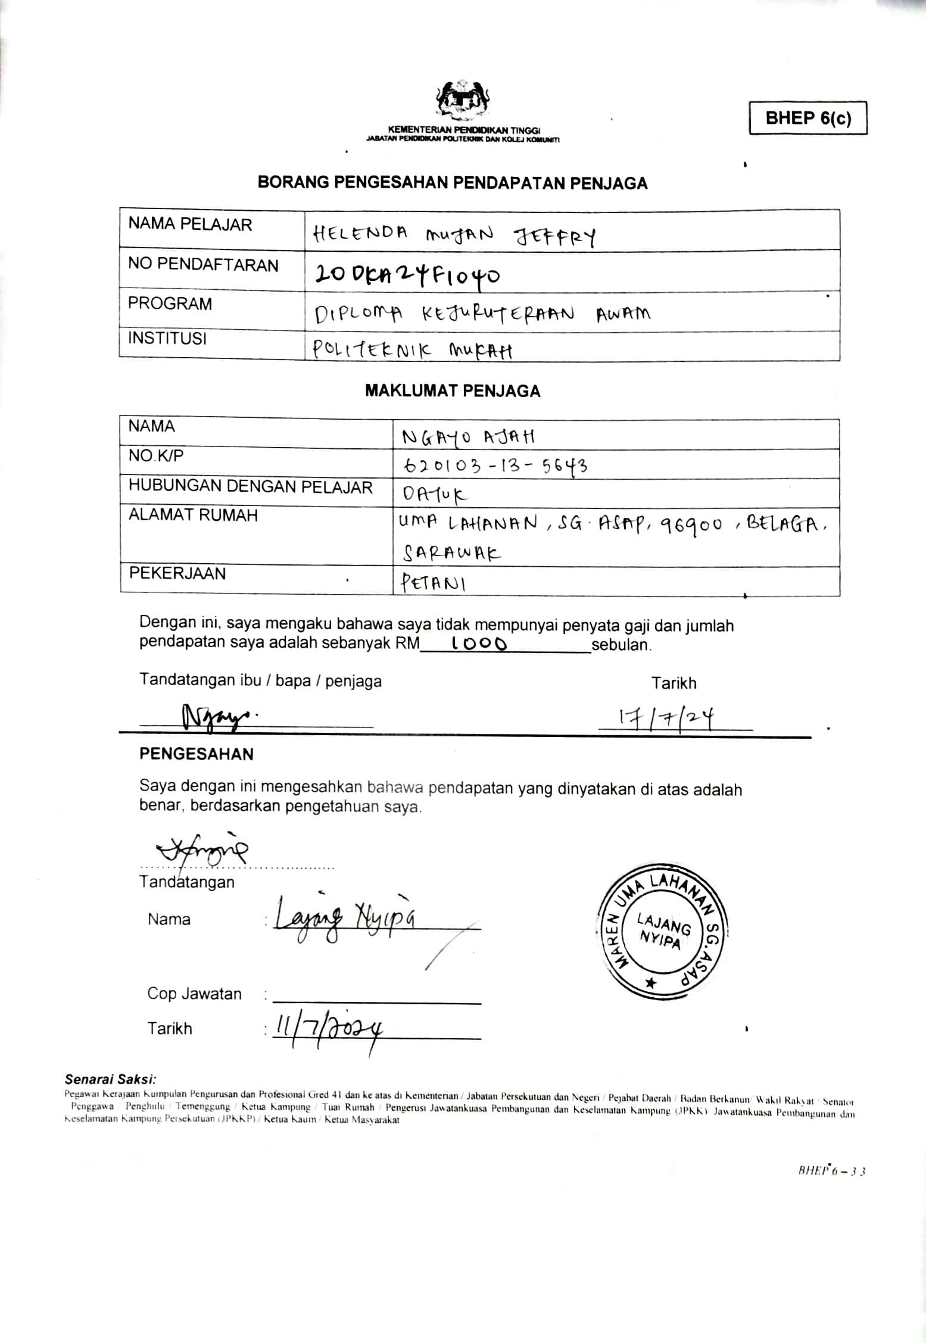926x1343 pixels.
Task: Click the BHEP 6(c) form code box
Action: (807, 118)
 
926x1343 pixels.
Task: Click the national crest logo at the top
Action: (463, 101)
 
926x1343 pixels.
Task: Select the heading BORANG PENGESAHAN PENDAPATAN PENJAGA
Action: (452, 183)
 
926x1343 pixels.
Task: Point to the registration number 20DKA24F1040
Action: (407, 274)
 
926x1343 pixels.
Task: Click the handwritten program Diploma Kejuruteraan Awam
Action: (482, 314)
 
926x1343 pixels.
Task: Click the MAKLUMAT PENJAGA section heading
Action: (452, 391)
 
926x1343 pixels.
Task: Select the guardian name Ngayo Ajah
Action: (468, 438)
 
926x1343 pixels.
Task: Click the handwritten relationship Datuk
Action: (435, 494)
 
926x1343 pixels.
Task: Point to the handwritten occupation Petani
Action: (433, 582)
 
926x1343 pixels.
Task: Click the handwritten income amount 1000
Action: (479, 644)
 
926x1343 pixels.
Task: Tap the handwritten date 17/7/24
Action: (666, 716)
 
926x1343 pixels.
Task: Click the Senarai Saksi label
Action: (111, 1078)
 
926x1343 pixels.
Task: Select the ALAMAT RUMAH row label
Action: (193, 515)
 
